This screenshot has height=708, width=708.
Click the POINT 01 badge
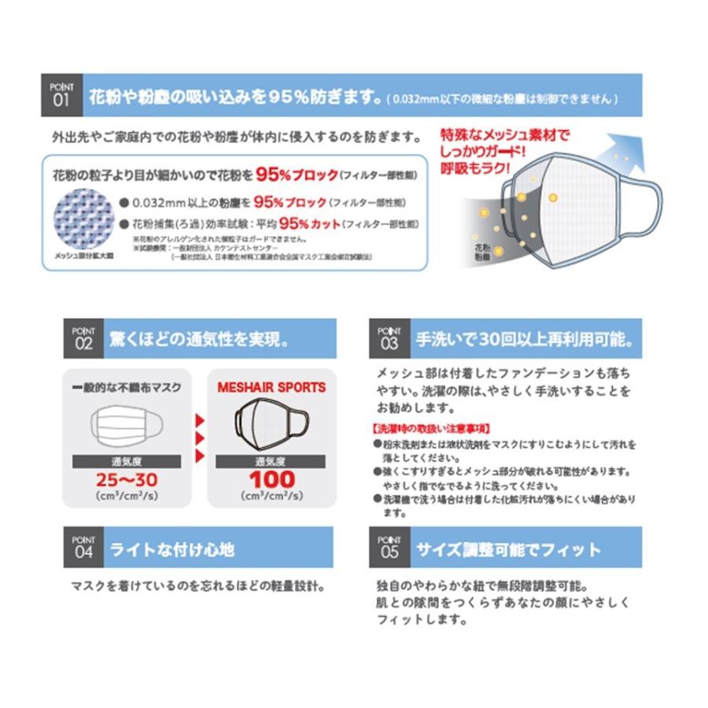tap(61, 94)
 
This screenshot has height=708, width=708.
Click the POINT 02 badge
tap(83, 338)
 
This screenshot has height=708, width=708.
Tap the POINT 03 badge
tap(389, 338)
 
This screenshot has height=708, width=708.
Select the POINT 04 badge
tap(83, 548)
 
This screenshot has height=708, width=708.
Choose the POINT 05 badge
tap(389, 548)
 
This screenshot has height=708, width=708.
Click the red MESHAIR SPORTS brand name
tap(271, 388)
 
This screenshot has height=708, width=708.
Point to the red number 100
tap(271, 478)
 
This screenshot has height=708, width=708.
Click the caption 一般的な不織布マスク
tap(126, 388)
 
